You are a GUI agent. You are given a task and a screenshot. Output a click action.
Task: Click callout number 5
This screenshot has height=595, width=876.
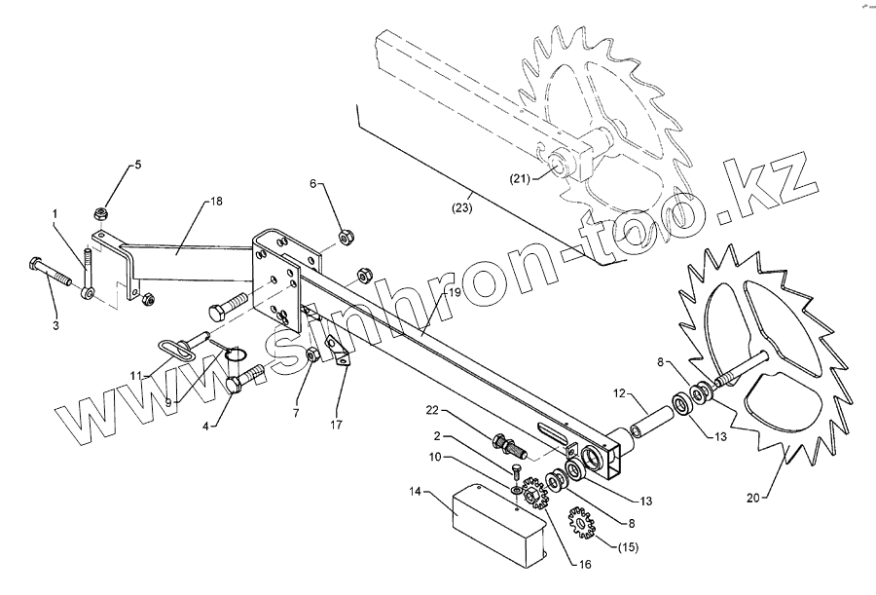click(137, 165)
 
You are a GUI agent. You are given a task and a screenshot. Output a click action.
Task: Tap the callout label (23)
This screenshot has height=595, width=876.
click(461, 207)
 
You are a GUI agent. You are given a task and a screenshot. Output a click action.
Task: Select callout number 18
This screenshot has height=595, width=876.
click(216, 201)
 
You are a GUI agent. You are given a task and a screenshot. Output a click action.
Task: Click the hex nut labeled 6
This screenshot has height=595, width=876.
click(345, 236)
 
